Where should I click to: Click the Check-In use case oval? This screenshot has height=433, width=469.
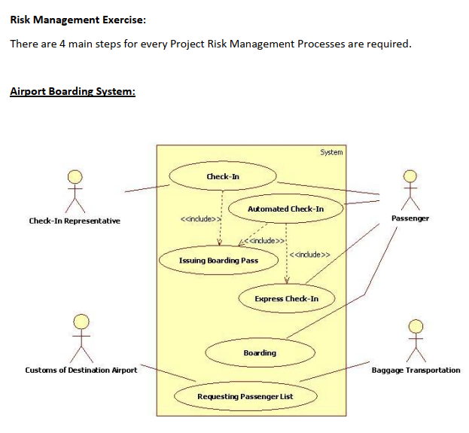(223, 176)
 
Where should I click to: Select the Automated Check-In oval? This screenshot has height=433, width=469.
(286, 209)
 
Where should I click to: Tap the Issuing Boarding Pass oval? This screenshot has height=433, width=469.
(218, 261)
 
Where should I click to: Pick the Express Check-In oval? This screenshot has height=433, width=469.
(286, 299)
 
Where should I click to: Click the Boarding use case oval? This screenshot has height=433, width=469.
(260, 352)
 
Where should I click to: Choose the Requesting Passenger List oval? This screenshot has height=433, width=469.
(245, 396)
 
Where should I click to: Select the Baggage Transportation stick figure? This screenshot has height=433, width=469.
(416, 339)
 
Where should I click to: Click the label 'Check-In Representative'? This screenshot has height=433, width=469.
(74, 221)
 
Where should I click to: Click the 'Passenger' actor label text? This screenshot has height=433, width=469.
(410, 218)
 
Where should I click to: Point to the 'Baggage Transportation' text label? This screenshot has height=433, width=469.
(416, 370)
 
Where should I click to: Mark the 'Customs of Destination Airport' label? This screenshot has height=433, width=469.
(81, 370)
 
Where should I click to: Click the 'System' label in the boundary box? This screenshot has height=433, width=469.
(331, 152)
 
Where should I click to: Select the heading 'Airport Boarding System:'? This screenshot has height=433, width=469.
(72, 92)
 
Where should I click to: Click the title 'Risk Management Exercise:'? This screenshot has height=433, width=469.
(78, 18)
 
